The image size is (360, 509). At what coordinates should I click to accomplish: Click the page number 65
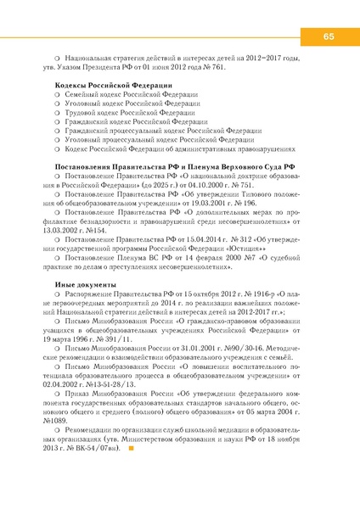tap(327, 36)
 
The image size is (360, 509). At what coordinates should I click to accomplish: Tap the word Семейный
tap(82, 98)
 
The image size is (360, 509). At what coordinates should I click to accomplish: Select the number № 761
tap(216, 65)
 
